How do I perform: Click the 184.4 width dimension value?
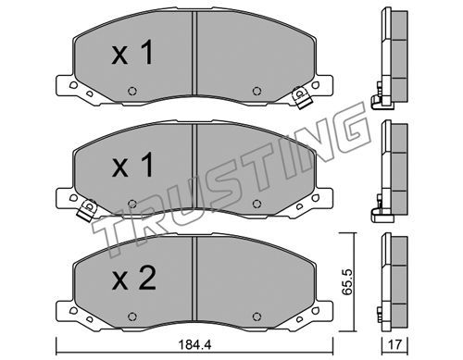(x=194, y=344)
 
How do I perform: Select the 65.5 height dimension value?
(x=348, y=281)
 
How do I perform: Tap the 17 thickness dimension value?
(x=395, y=344)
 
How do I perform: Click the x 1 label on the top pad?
(x=132, y=54)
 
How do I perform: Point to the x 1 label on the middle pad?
(x=132, y=165)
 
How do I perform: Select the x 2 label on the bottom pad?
(x=133, y=278)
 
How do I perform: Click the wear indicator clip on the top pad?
(x=301, y=98)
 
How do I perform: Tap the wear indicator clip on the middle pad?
(x=87, y=210)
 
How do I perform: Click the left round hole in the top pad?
(x=132, y=91)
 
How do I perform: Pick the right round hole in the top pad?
(x=257, y=91)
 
